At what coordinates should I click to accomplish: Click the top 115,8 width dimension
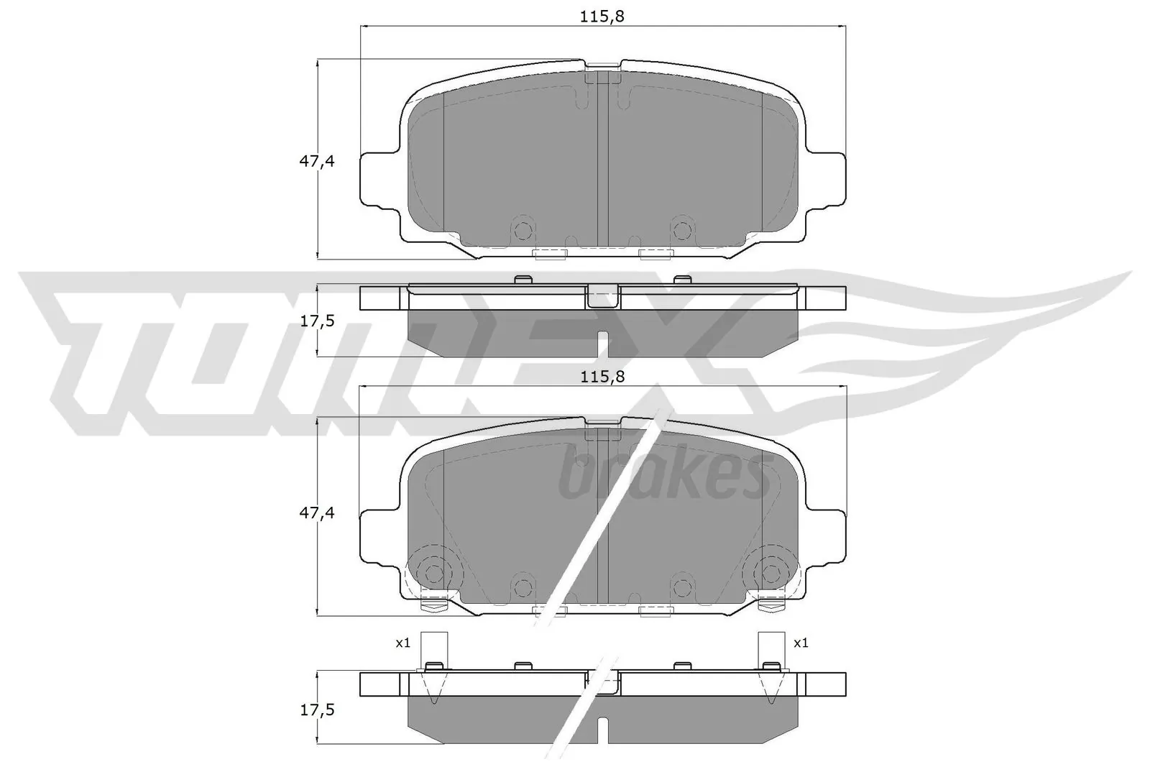[602, 17]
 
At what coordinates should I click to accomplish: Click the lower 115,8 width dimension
[602, 376]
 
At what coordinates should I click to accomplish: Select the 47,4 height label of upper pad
[317, 161]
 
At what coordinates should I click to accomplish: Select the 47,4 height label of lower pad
[317, 513]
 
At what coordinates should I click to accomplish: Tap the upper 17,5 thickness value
[317, 321]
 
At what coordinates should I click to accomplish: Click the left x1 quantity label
[402, 643]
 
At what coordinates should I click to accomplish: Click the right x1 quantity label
[801, 643]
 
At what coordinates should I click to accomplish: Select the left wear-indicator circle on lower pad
[433, 572]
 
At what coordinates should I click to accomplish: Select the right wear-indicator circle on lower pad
[771, 572]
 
